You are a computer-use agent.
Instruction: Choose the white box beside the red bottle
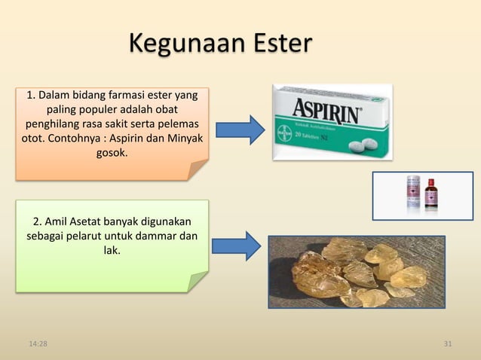click(x=413, y=195)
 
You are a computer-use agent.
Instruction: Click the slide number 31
click(x=448, y=345)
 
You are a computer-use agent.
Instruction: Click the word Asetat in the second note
click(x=90, y=221)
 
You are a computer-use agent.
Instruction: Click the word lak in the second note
click(x=112, y=251)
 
